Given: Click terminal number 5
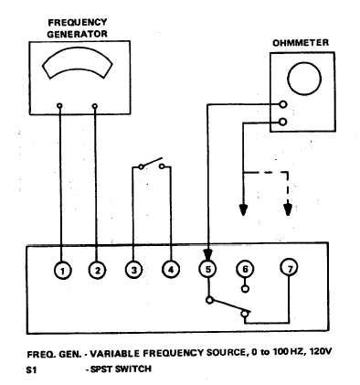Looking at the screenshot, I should pyautogui.click(x=208, y=269).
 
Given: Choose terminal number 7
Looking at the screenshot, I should pyautogui.click(x=290, y=268).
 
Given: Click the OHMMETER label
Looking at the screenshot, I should pyautogui.click(x=301, y=42).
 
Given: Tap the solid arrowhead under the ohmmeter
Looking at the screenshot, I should pyautogui.click(x=244, y=208).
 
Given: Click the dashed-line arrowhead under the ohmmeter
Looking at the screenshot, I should pyautogui.click(x=288, y=208).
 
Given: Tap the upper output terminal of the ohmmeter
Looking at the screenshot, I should pyautogui.click(x=284, y=104).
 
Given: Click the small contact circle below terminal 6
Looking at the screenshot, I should pyautogui.click(x=245, y=288).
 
